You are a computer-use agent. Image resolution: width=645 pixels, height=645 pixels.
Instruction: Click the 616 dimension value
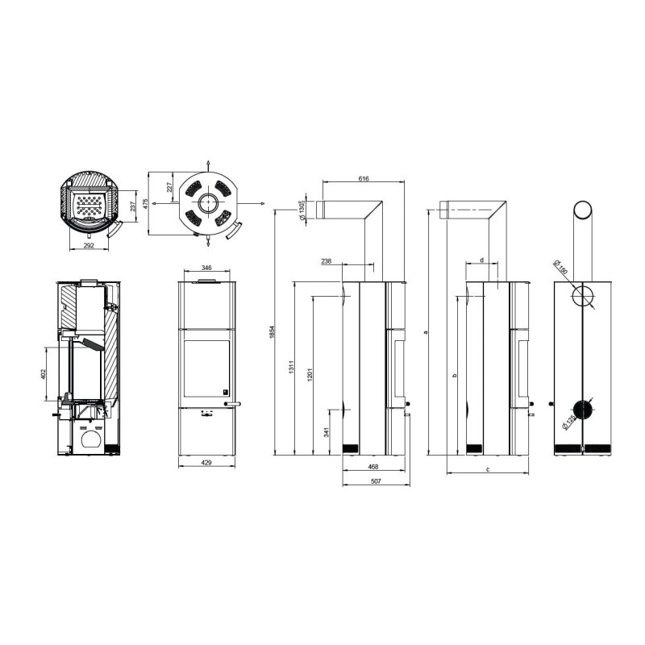[x=363, y=179]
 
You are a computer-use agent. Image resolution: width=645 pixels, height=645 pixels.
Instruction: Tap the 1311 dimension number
[x=292, y=368]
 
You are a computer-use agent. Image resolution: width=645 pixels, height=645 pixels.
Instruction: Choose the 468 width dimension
[x=374, y=467]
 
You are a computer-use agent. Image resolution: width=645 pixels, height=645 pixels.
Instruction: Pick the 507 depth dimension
[x=375, y=481]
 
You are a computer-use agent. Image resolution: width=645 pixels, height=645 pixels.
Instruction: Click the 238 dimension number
[x=326, y=261]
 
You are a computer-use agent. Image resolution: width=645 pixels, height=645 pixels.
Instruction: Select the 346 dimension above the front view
[x=206, y=267]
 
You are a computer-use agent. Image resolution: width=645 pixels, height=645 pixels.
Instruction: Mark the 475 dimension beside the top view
[x=146, y=203]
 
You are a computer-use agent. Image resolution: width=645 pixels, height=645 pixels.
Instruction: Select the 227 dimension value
[x=169, y=187]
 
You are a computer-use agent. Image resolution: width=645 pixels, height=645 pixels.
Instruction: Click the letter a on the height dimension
[x=424, y=331]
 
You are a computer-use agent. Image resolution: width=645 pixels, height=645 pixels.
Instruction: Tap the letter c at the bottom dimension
[x=489, y=468]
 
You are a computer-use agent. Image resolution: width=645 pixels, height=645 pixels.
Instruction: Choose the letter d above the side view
[x=481, y=260]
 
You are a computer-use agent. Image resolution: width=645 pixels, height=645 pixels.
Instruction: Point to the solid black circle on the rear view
[x=582, y=410]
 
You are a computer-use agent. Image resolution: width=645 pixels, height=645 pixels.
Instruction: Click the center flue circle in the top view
[x=207, y=202]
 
